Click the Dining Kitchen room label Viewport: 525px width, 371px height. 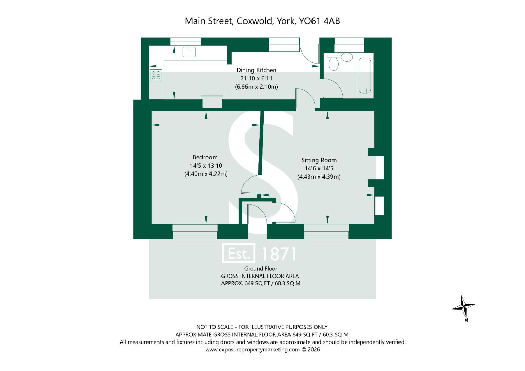point(256,70)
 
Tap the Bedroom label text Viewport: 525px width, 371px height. point(205,157)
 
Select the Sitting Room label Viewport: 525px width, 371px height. point(319,160)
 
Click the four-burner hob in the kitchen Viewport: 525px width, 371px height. point(156,75)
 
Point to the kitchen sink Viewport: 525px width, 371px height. point(189,52)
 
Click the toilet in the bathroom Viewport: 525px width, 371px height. point(333,63)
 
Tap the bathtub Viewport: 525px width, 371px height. point(365,76)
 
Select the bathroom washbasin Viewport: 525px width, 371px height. point(347,57)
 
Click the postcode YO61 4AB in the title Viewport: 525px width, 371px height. point(319,21)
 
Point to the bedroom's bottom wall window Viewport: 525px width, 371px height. point(195,232)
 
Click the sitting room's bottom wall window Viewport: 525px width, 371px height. point(326,232)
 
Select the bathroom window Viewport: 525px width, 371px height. point(349,42)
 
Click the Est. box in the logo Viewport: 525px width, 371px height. point(239,254)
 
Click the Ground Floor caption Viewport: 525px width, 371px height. point(261,269)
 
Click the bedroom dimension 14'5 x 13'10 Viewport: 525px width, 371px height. point(206,166)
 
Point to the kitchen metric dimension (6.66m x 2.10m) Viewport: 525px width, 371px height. point(256,87)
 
